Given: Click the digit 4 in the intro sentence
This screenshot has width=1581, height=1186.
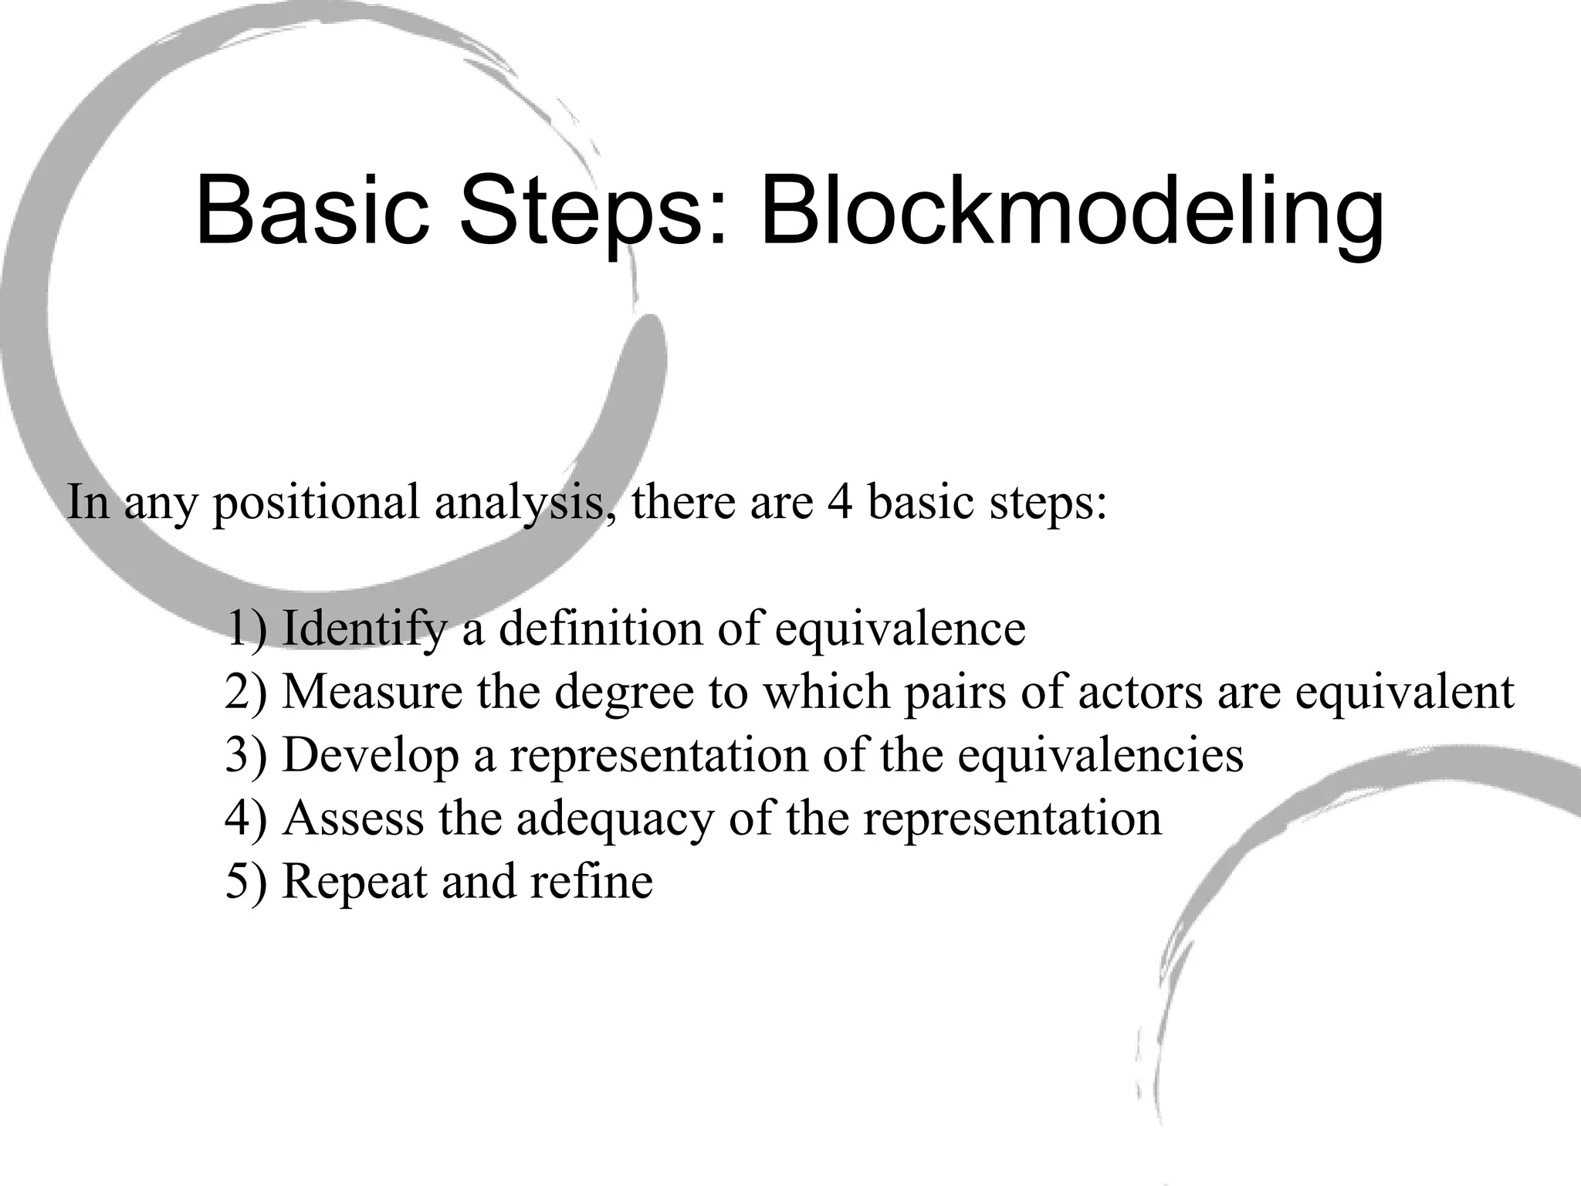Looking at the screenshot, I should point(840,501).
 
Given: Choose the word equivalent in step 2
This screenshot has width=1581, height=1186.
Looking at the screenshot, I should point(1404,693).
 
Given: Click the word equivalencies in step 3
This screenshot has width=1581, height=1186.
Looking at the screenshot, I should point(1101,756).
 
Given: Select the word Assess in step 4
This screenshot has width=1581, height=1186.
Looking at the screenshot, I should point(354,818).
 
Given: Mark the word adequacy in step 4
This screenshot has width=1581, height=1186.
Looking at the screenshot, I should point(615,819).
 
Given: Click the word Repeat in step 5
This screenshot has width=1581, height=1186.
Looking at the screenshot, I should point(354,883).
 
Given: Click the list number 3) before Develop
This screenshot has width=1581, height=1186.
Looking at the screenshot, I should point(245,756).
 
